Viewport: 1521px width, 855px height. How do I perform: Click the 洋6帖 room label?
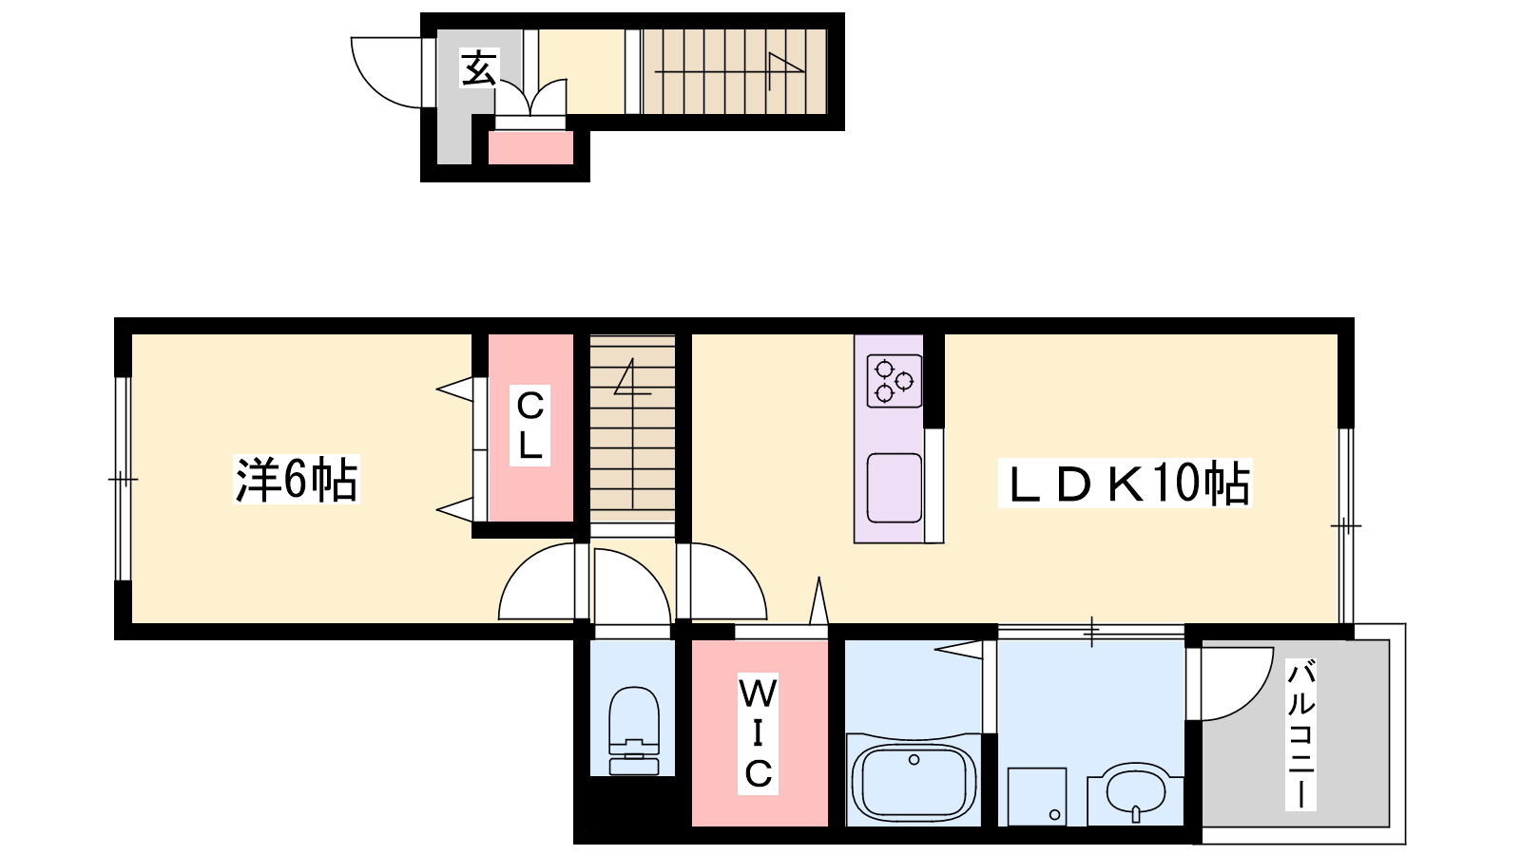(296, 480)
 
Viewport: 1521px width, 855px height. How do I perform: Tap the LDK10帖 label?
(1126, 484)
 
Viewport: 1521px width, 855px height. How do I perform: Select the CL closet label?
(529, 427)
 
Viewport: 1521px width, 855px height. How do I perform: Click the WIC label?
(758, 733)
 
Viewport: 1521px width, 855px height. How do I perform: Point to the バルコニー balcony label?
(1300, 736)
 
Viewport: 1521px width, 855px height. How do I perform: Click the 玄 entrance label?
(479, 67)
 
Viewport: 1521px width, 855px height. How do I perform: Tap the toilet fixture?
(633, 731)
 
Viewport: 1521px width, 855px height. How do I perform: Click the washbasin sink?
(1135, 794)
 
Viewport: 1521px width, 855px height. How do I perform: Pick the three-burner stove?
(894, 381)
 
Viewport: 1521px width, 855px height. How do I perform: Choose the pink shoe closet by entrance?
(531, 148)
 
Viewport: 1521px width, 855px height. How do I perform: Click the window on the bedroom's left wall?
(123, 479)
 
